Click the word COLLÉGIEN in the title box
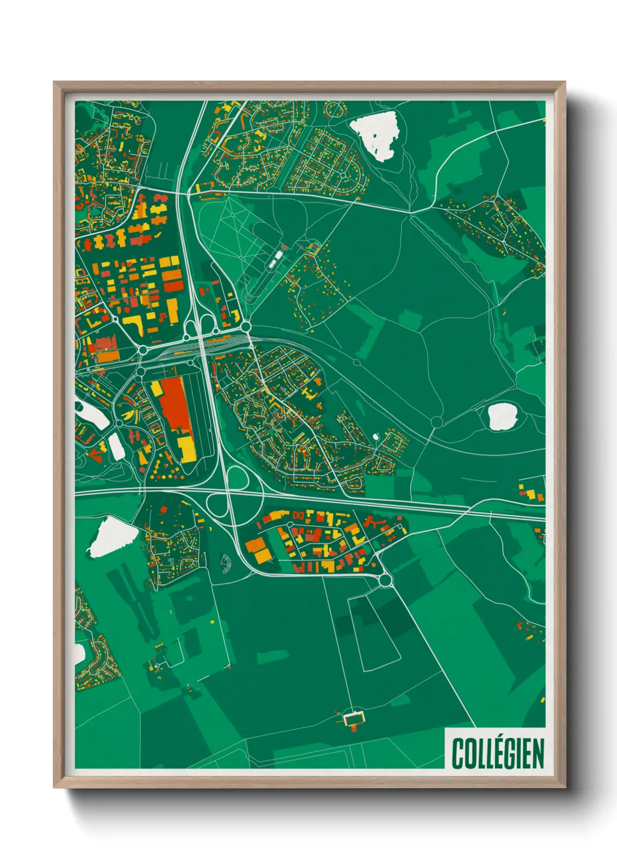point(497,753)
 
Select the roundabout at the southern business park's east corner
point(385,580)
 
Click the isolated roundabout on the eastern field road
point(437,421)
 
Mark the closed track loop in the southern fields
point(374,634)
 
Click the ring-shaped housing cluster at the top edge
point(335,109)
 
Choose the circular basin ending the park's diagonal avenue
point(249,298)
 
